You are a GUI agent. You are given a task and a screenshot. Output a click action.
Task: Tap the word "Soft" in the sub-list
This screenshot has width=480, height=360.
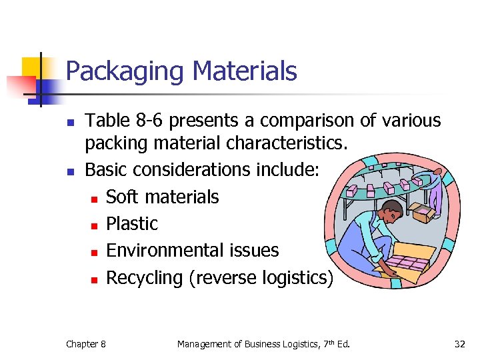(x=122, y=197)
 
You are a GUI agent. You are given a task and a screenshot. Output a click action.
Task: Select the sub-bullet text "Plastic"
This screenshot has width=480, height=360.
(x=132, y=223)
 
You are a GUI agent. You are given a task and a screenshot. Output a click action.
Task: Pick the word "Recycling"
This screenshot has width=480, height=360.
(x=145, y=277)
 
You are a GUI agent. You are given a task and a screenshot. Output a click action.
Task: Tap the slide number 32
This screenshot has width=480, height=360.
(x=459, y=344)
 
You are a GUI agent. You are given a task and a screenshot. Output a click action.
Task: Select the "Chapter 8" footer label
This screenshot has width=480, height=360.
(x=85, y=344)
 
